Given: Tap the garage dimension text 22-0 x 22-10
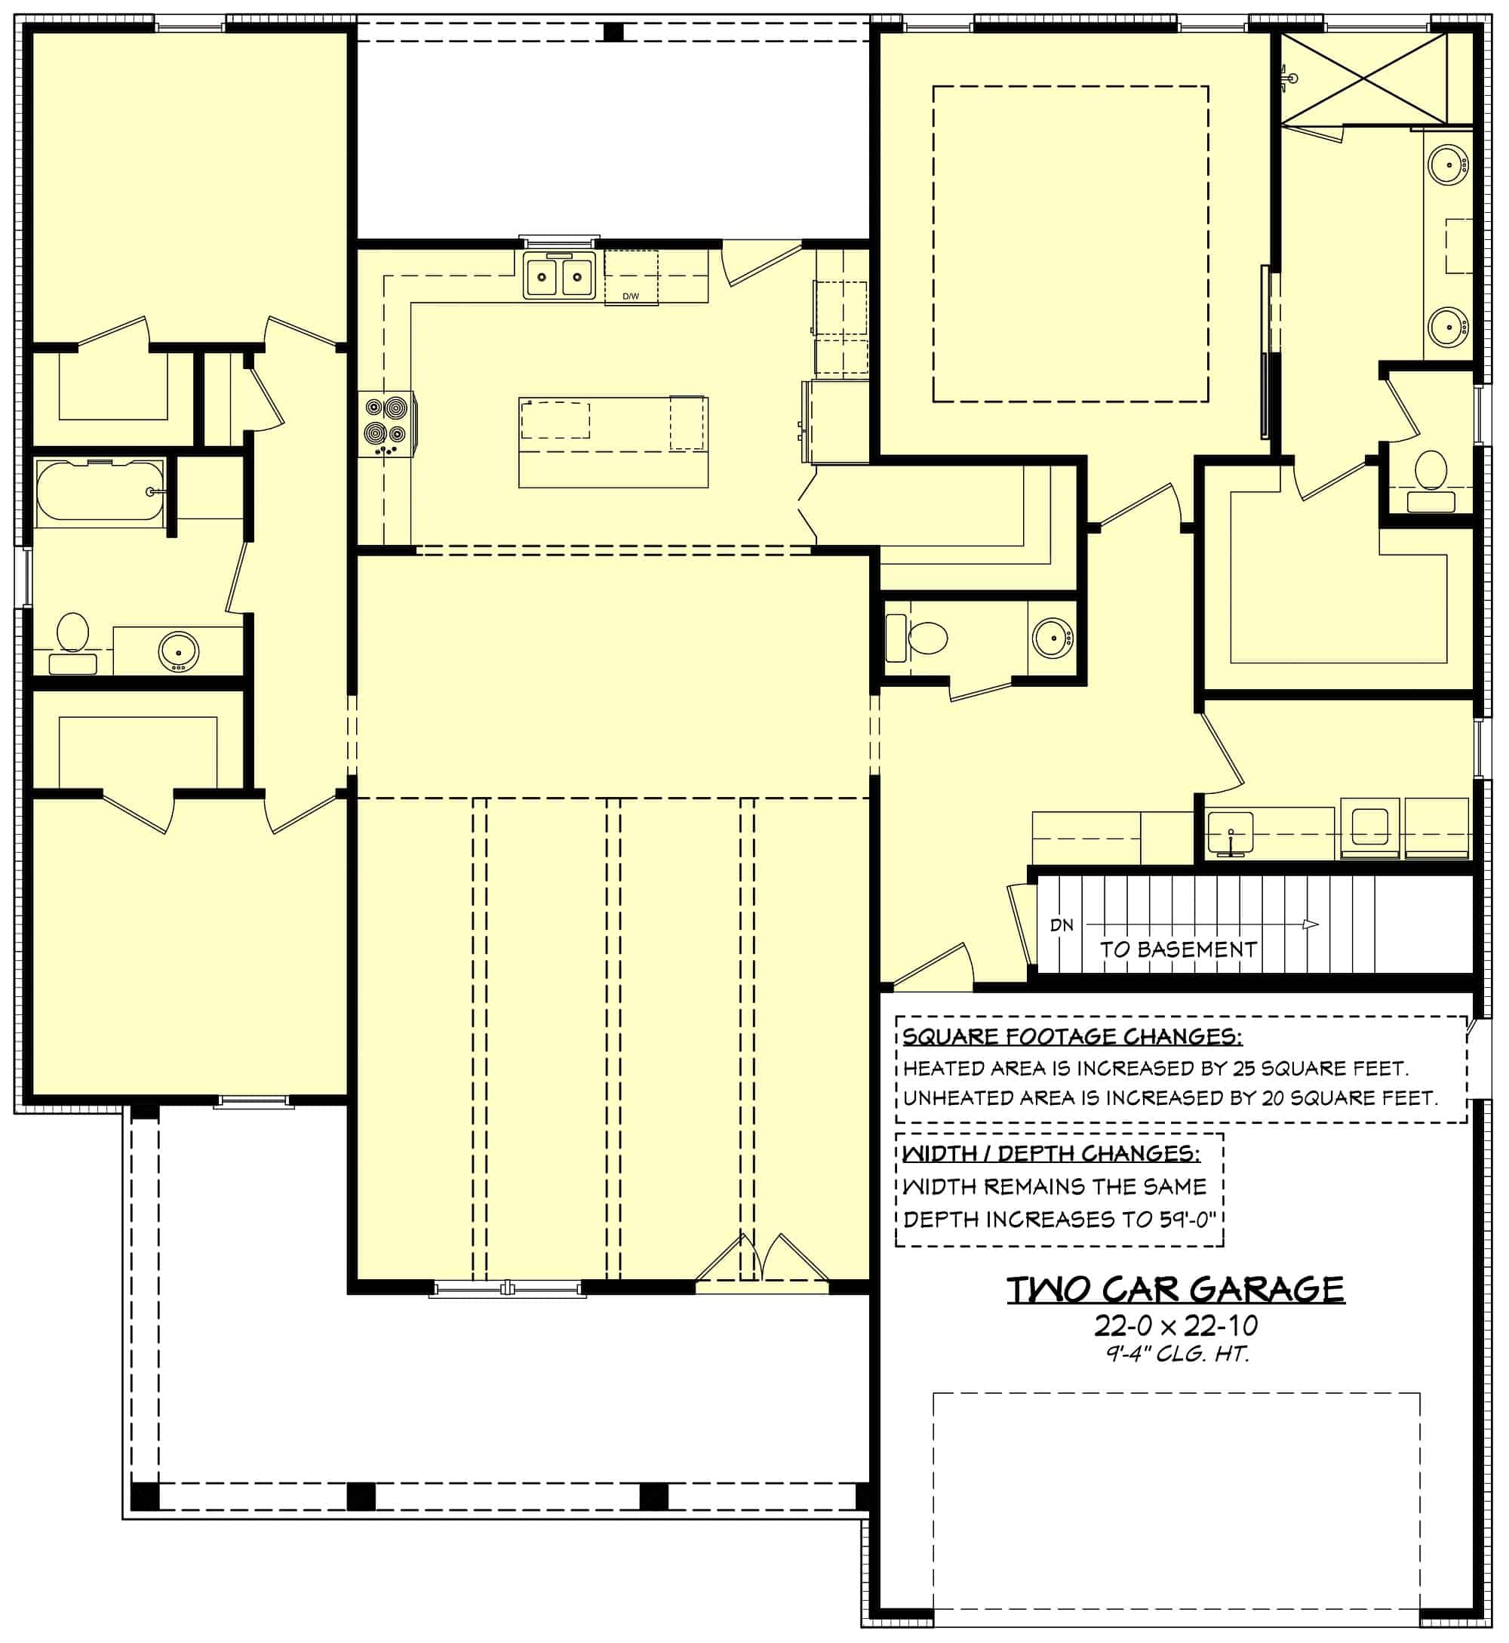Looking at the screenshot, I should tap(1175, 1325).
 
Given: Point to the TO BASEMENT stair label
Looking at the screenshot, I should tap(1178, 949).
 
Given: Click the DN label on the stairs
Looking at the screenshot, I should tap(1062, 925).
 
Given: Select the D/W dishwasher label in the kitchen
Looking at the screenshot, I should tap(630, 297).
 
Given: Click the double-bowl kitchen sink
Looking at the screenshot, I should tap(559, 277).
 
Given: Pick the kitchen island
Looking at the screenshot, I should tap(613, 442).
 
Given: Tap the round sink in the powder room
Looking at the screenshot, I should tap(1053, 637).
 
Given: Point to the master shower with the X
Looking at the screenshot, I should tap(1363, 78).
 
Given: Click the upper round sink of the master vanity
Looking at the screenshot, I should tap(1449, 166).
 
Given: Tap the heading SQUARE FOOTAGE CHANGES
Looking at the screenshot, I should tap(1072, 1037).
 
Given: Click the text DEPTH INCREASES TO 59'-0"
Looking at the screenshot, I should tap(1059, 1219).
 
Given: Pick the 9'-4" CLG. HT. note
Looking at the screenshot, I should tap(1178, 1354).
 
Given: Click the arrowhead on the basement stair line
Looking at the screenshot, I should tap(1310, 925).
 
